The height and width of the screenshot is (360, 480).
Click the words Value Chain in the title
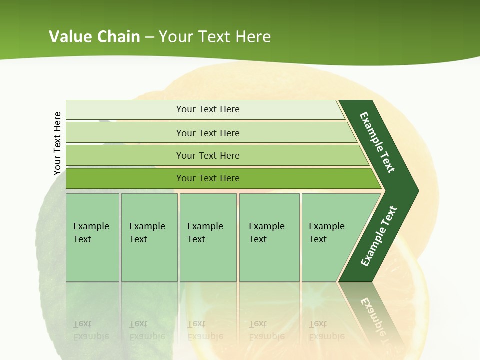point(94,36)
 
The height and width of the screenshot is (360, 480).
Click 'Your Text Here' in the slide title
point(215,36)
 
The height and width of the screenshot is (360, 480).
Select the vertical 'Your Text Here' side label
point(57,143)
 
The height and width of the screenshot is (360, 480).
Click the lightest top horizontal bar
point(207,109)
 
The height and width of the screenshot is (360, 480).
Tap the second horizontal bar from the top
point(207,133)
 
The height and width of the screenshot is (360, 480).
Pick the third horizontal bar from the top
point(207,155)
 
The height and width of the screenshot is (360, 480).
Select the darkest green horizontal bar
point(207,178)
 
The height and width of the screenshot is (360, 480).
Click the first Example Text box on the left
point(92,237)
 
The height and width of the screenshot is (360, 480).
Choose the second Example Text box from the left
point(149,237)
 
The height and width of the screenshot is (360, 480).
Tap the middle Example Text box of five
point(208,237)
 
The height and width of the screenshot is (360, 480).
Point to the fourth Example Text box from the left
point(269,237)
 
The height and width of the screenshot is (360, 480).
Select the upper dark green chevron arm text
point(377,142)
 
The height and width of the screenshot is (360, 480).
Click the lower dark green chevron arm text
point(378,236)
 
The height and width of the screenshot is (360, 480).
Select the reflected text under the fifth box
point(326,330)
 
